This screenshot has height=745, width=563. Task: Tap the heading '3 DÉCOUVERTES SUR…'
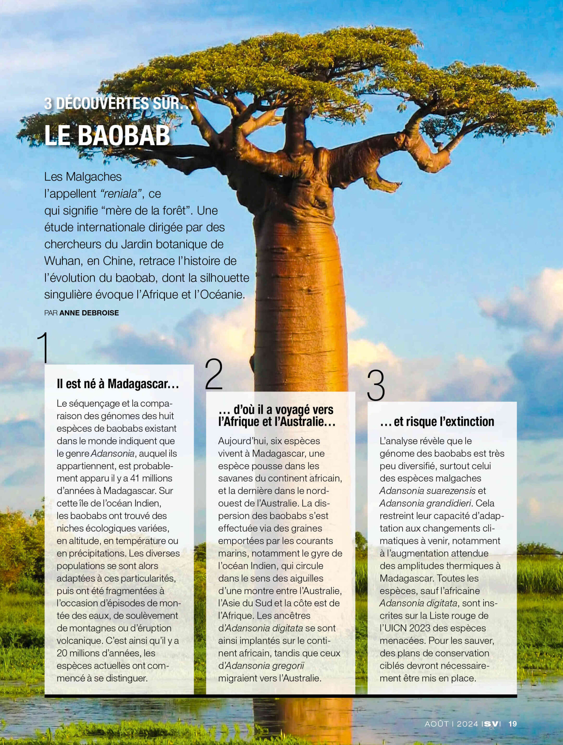[x=119, y=103]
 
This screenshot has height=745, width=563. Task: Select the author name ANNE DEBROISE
[x=89, y=313]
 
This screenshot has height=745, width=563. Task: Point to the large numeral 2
[x=214, y=374]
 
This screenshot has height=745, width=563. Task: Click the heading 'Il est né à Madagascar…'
[x=118, y=384]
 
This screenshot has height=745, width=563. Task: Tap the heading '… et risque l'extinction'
[x=437, y=421]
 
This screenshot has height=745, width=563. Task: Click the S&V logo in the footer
[x=492, y=724]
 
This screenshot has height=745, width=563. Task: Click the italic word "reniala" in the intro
[x=119, y=194]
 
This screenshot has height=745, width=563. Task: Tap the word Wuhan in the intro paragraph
[x=63, y=261]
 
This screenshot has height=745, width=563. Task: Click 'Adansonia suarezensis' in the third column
[x=427, y=491]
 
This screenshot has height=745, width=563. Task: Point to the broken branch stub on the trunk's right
[x=387, y=184]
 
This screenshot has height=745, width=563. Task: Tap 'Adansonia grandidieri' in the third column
[x=425, y=503]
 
